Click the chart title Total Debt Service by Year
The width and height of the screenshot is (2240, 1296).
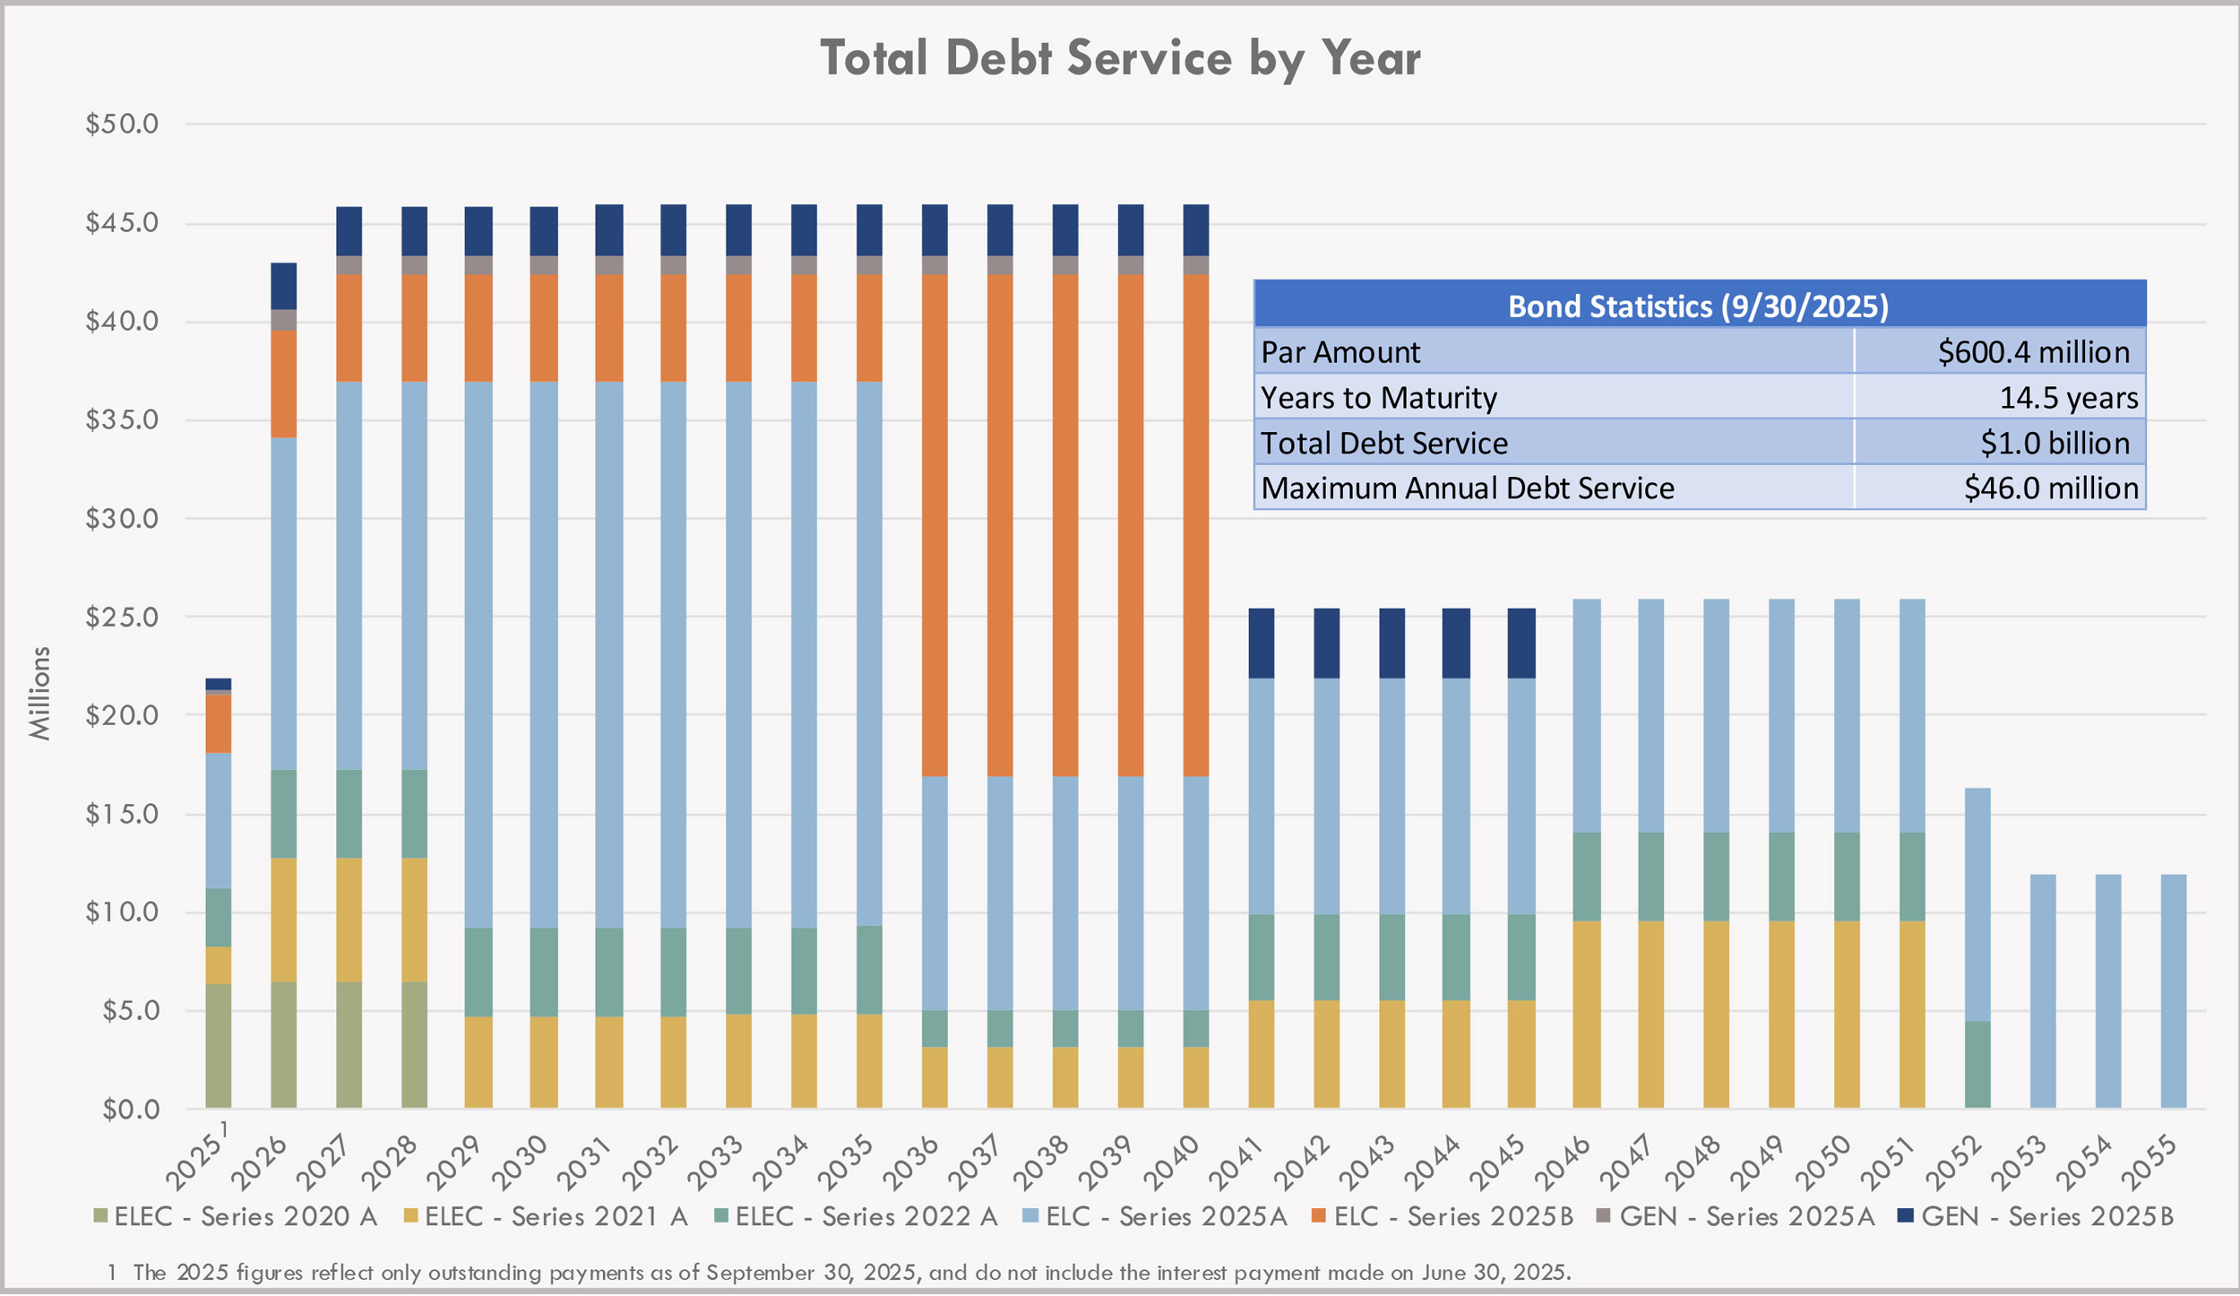pyautogui.click(x=1120, y=59)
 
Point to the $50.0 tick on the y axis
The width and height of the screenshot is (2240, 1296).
pyautogui.click(x=122, y=124)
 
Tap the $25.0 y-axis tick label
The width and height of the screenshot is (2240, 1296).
pyautogui.click(x=122, y=618)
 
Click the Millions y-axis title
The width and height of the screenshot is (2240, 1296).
pyautogui.click(x=39, y=694)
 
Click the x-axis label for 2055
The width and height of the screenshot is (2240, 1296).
pyautogui.click(x=2150, y=1162)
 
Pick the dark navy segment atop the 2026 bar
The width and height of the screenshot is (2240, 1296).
pyautogui.click(x=283, y=286)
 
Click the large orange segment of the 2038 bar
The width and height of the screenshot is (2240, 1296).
pyautogui.click(x=1065, y=524)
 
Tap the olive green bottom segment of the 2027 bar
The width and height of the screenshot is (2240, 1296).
pyautogui.click(x=349, y=1045)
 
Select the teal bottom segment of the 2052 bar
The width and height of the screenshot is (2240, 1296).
pyautogui.click(x=1977, y=1065)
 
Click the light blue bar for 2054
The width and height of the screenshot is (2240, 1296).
pyautogui.click(x=2108, y=991)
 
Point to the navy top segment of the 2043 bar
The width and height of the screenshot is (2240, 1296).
pyautogui.click(x=1391, y=644)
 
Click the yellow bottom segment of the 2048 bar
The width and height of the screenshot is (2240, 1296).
pyautogui.click(x=1716, y=1014)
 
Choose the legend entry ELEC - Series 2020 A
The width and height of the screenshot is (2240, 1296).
pyautogui.click(x=236, y=1217)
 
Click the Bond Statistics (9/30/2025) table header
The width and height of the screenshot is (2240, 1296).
pyautogui.click(x=1699, y=307)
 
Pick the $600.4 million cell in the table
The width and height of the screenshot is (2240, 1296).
pyautogui.click(x=2033, y=352)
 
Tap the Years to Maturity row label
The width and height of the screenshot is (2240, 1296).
pyautogui.click(x=1378, y=398)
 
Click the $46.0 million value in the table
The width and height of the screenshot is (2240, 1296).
pyautogui.click(x=2050, y=488)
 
